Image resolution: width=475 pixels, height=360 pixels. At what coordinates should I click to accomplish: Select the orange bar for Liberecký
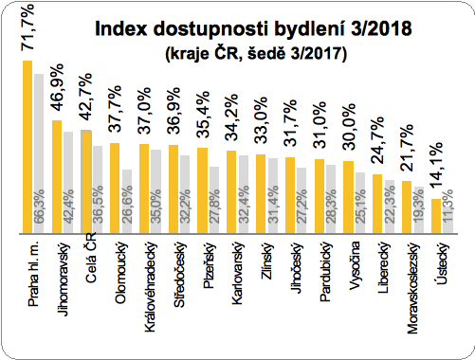click(377, 204)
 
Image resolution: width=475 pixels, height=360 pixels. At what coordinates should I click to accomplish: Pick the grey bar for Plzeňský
click(213, 200)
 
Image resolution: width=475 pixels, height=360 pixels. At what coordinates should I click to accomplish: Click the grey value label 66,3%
click(39, 211)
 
